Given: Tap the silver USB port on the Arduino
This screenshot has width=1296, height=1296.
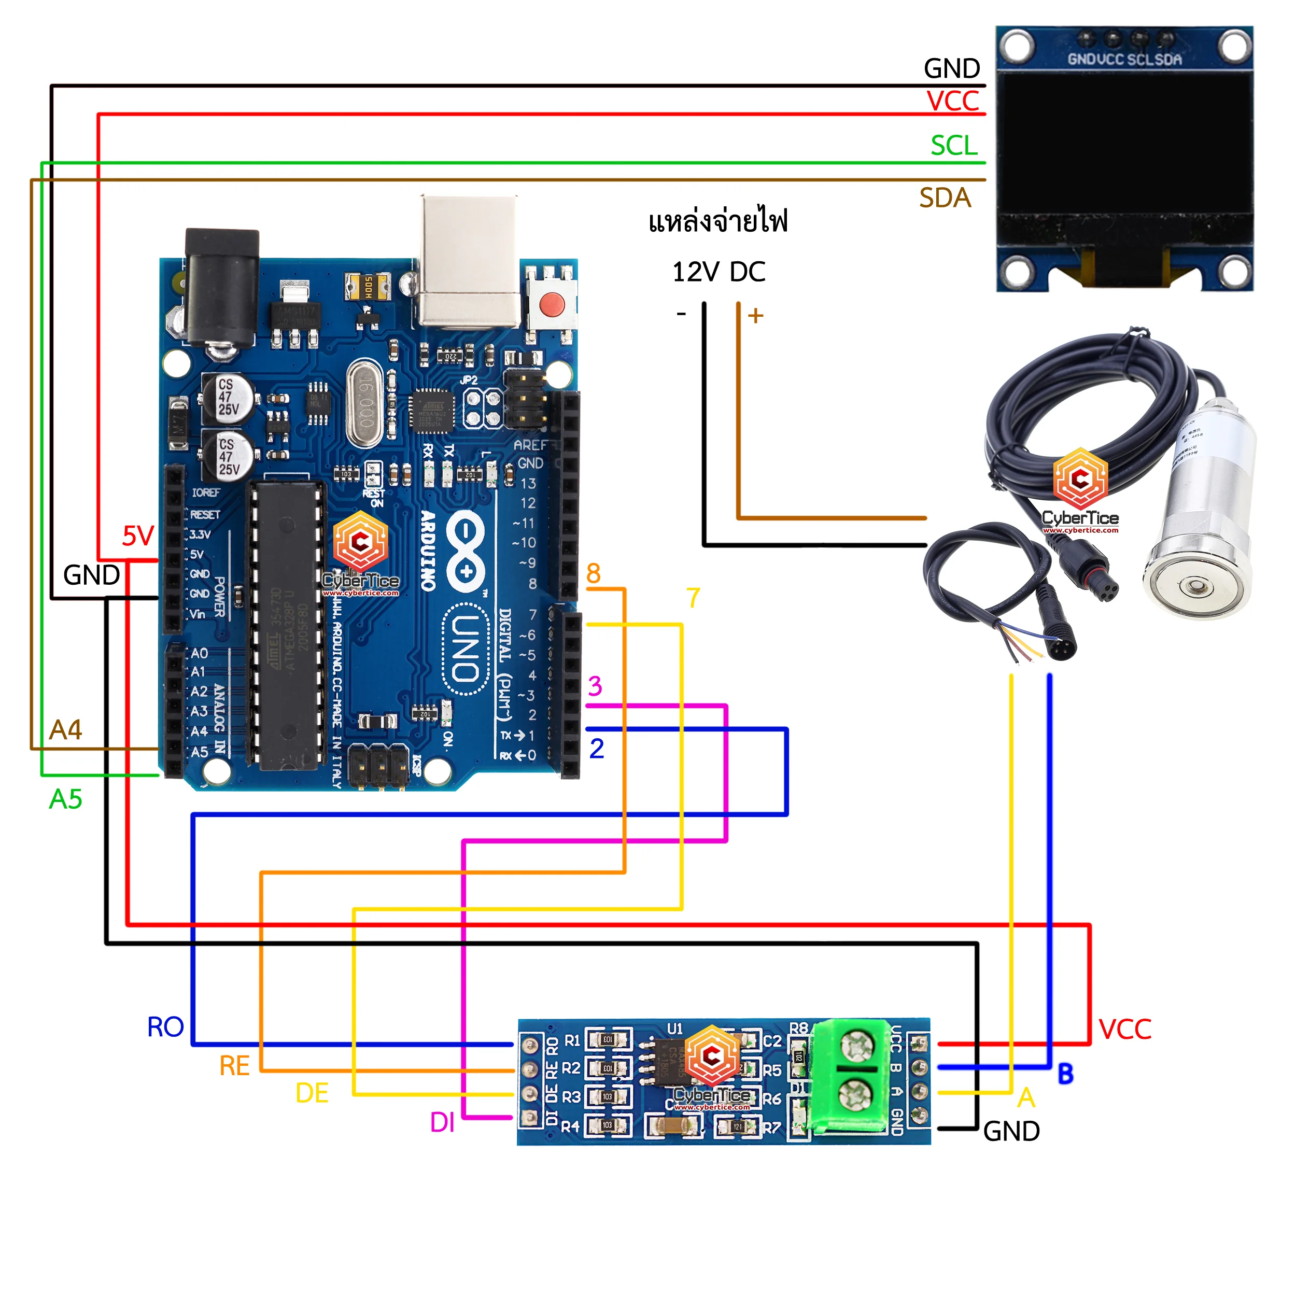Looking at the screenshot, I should click(x=469, y=262).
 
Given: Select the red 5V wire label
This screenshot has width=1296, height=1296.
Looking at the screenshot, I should click(x=138, y=536).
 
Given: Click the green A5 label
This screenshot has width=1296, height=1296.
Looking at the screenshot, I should click(x=66, y=799).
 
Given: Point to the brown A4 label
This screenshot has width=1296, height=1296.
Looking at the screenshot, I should click(x=66, y=730).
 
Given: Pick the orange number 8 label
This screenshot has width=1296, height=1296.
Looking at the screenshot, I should click(x=593, y=573).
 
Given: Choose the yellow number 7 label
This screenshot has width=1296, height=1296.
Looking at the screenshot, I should click(x=693, y=598).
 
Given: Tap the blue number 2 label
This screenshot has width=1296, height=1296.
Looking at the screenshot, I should click(x=596, y=749).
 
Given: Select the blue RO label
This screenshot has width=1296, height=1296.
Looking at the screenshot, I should click(x=165, y=1027).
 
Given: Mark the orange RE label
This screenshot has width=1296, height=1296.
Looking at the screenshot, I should click(x=234, y=1066).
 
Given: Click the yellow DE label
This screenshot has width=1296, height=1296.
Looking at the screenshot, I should click(x=312, y=1093).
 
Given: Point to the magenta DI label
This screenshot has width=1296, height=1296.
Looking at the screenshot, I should click(x=442, y=1122).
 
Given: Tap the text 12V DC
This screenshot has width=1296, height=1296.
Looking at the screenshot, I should click(x=719, y=272).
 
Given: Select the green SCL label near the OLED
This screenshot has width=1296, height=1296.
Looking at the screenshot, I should click(x=953, y=146).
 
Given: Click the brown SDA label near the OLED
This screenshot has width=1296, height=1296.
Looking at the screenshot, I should click(x=945, y=198).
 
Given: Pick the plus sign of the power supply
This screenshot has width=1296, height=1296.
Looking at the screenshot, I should click(x=756, y=315).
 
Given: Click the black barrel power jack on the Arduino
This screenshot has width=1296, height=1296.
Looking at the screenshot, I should click(x=222, y=288).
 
